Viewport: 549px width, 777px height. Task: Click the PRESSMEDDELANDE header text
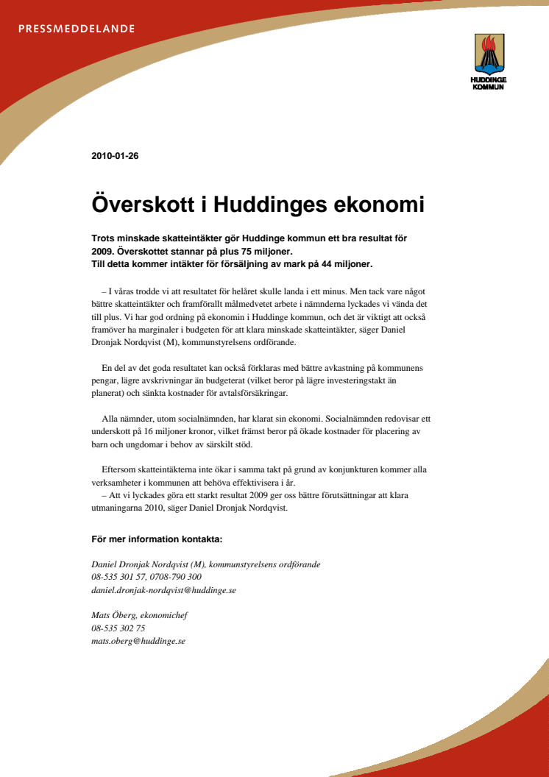pos(76,29)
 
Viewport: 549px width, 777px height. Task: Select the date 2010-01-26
pos(115,156)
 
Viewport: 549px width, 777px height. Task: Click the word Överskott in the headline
pos(141,204)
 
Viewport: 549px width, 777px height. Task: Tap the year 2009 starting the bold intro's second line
pos(102,251)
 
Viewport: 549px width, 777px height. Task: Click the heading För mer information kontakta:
pos(157,539)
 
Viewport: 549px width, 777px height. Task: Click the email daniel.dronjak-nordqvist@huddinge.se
pos(163,590)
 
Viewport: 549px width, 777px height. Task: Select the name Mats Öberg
pos(114,616)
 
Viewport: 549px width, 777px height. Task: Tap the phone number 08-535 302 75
pos(118,628)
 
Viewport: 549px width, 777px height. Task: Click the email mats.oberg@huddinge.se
pos(138,641)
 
